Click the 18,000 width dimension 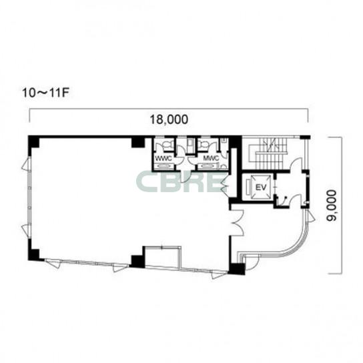[x=169, y=119]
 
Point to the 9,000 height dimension [x=331, y=206]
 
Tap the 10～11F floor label [x=46, y=93]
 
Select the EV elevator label [x=261, y=187]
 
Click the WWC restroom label [x=163, y=159]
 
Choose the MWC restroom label [x=211, y=158]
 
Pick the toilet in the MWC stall [x=204, y=144]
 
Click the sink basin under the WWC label [x=163, y=165]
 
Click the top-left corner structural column [x=33, y=141]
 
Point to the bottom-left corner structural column [x=33, y=254]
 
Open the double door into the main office [x=238, y=223]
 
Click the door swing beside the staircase [x=296, y=164]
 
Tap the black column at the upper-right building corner [x=305, y=137]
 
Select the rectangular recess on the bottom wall [x=162, y=257]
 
